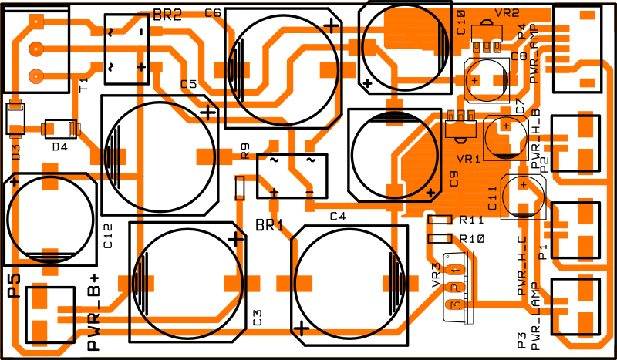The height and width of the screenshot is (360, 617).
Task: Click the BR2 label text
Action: click(167, 15)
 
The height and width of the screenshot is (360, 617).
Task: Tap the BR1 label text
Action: click(269, 225)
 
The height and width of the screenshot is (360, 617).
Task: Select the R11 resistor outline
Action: click(440, 220)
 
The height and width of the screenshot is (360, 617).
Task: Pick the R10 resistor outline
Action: click(440, 238)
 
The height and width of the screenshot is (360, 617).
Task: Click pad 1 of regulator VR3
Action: click(455, 270)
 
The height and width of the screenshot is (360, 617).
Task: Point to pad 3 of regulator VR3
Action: click(455, 305)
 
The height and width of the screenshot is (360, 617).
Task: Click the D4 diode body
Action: click(60, 129)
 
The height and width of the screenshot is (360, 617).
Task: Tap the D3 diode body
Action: click(15, 119)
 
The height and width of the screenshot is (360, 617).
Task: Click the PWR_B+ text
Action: click(93, 312)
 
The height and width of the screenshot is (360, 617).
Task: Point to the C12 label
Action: click(108, 236)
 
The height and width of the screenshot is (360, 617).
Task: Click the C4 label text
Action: click(338, 216)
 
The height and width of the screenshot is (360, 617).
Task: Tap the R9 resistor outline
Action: click(239, 188)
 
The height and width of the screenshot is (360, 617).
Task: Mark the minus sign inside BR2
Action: click(141, 32)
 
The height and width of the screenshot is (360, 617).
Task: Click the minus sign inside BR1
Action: click(310, 193)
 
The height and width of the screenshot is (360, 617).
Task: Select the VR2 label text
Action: click(507, 13)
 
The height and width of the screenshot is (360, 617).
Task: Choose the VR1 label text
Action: click(468, 159)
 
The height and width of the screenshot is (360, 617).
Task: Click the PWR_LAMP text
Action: click(534, 316)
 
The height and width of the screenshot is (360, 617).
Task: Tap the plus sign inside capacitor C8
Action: click(475, 80)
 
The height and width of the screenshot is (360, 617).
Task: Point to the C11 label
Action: click(492, 198)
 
